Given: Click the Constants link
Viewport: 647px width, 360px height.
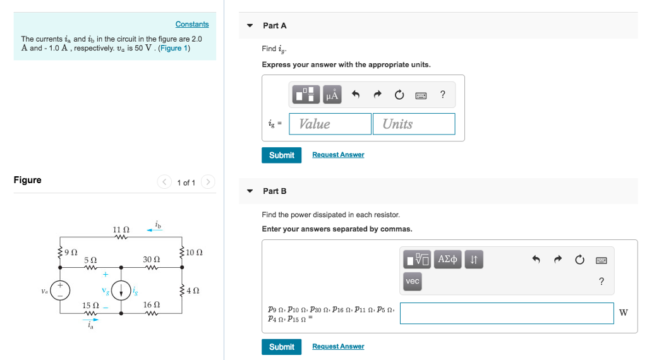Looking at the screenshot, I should click(x=192, y=24).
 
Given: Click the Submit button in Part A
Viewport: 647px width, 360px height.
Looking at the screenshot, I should click(x=281, y=155).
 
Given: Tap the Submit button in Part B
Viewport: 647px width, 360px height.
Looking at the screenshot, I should click(x=281, y=347).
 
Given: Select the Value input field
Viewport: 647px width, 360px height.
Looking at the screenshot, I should click(x=330, y=124).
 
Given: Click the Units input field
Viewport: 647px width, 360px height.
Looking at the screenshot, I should click(x=414, y=124).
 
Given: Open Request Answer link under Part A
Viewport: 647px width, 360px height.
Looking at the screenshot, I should click(x=338, y=155).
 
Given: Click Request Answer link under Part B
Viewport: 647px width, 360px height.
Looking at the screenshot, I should click(x=338, y=347).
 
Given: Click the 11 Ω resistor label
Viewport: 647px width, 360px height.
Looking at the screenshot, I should click(x=121, y=230).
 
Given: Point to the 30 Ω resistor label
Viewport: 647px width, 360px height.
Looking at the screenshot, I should click(x=152, y=260).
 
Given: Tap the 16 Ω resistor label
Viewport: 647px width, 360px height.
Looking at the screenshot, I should click(x=152, y=305).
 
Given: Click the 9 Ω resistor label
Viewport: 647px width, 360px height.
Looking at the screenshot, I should click(x=71, y=253).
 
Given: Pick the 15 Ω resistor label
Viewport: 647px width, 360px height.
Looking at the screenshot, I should click(x=91, y=305).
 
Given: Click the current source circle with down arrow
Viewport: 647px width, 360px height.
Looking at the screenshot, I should click(x=121, y=291).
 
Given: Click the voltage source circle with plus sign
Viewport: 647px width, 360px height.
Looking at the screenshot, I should click(x=61, y=291).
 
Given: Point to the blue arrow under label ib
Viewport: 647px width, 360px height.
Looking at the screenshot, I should click(x=154, y=231).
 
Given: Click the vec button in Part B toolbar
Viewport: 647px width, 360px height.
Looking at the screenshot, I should click(x=413, y=281).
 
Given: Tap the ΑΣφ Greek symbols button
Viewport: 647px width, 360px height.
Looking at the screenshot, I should click(x=448, y=259).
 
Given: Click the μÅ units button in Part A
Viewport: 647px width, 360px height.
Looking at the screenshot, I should click(x=332, y=95).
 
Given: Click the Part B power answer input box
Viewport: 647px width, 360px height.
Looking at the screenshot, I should click(x=507, y=313).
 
